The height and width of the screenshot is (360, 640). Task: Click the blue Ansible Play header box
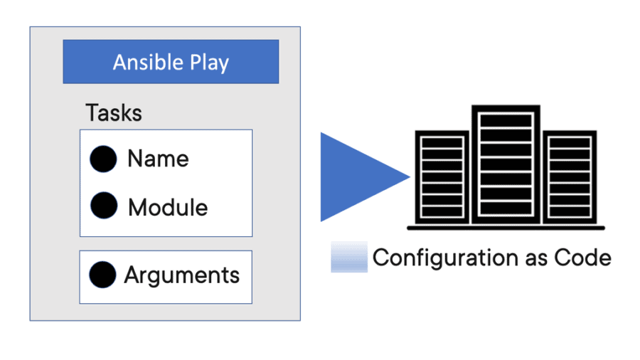point(171,62)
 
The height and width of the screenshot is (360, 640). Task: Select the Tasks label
point(114,113)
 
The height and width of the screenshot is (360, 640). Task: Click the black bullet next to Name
point(103,159)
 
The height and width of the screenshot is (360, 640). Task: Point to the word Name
point(158,159)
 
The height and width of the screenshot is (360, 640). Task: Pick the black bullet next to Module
point(104,206)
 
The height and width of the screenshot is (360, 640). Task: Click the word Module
point(168,208)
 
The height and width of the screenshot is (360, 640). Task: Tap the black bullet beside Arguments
point(103,275)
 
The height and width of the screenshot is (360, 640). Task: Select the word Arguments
point(181,275)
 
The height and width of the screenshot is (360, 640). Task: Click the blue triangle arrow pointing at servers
point(356,177)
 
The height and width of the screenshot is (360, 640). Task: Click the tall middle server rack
point(506,166)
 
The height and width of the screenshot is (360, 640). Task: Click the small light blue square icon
point(348,257)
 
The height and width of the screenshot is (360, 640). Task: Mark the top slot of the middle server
point(506,120)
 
